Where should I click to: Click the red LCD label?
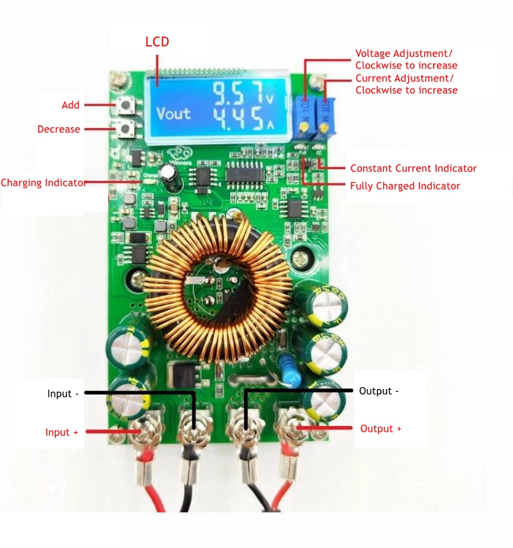tap(157, 42)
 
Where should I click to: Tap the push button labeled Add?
tap(126, 105)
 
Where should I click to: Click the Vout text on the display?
tap(174, 114)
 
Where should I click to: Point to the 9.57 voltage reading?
tap(238, 93)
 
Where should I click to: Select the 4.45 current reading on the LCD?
tap(238, 119)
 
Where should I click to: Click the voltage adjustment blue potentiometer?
tap(305, 118)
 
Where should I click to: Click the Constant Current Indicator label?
tap(413, 169)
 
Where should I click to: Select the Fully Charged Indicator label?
tap(405, 186)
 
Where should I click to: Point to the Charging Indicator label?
tap(43, 183)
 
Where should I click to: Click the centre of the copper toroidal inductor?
tap(219, 288)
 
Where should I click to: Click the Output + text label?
tap(381, 429)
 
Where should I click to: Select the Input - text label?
tap(63, 394)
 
